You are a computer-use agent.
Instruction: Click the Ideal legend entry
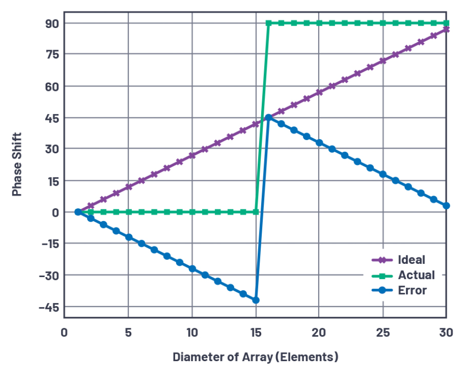[411, 259]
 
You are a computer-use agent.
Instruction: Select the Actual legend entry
[416, 275]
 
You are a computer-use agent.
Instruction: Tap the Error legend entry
[412, 290]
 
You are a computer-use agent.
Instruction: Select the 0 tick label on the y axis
[55, 212]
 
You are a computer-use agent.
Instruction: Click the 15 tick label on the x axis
[256, 333]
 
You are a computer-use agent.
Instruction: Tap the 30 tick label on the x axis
[446, 333]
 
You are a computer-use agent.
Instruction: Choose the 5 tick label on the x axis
[128, 333]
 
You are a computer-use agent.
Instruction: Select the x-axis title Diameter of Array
[255, 356]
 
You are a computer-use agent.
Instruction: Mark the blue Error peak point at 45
[269, 118]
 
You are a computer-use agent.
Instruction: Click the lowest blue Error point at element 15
[256, 300]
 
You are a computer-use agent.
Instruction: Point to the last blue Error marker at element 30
[446, 206]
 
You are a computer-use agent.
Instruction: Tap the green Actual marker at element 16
[269, 23]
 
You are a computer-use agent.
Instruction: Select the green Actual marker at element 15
[256, 212]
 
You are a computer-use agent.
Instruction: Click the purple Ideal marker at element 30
[446, 29]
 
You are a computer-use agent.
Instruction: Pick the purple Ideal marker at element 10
[192, 155]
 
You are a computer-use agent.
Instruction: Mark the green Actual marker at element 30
[446, 23]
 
